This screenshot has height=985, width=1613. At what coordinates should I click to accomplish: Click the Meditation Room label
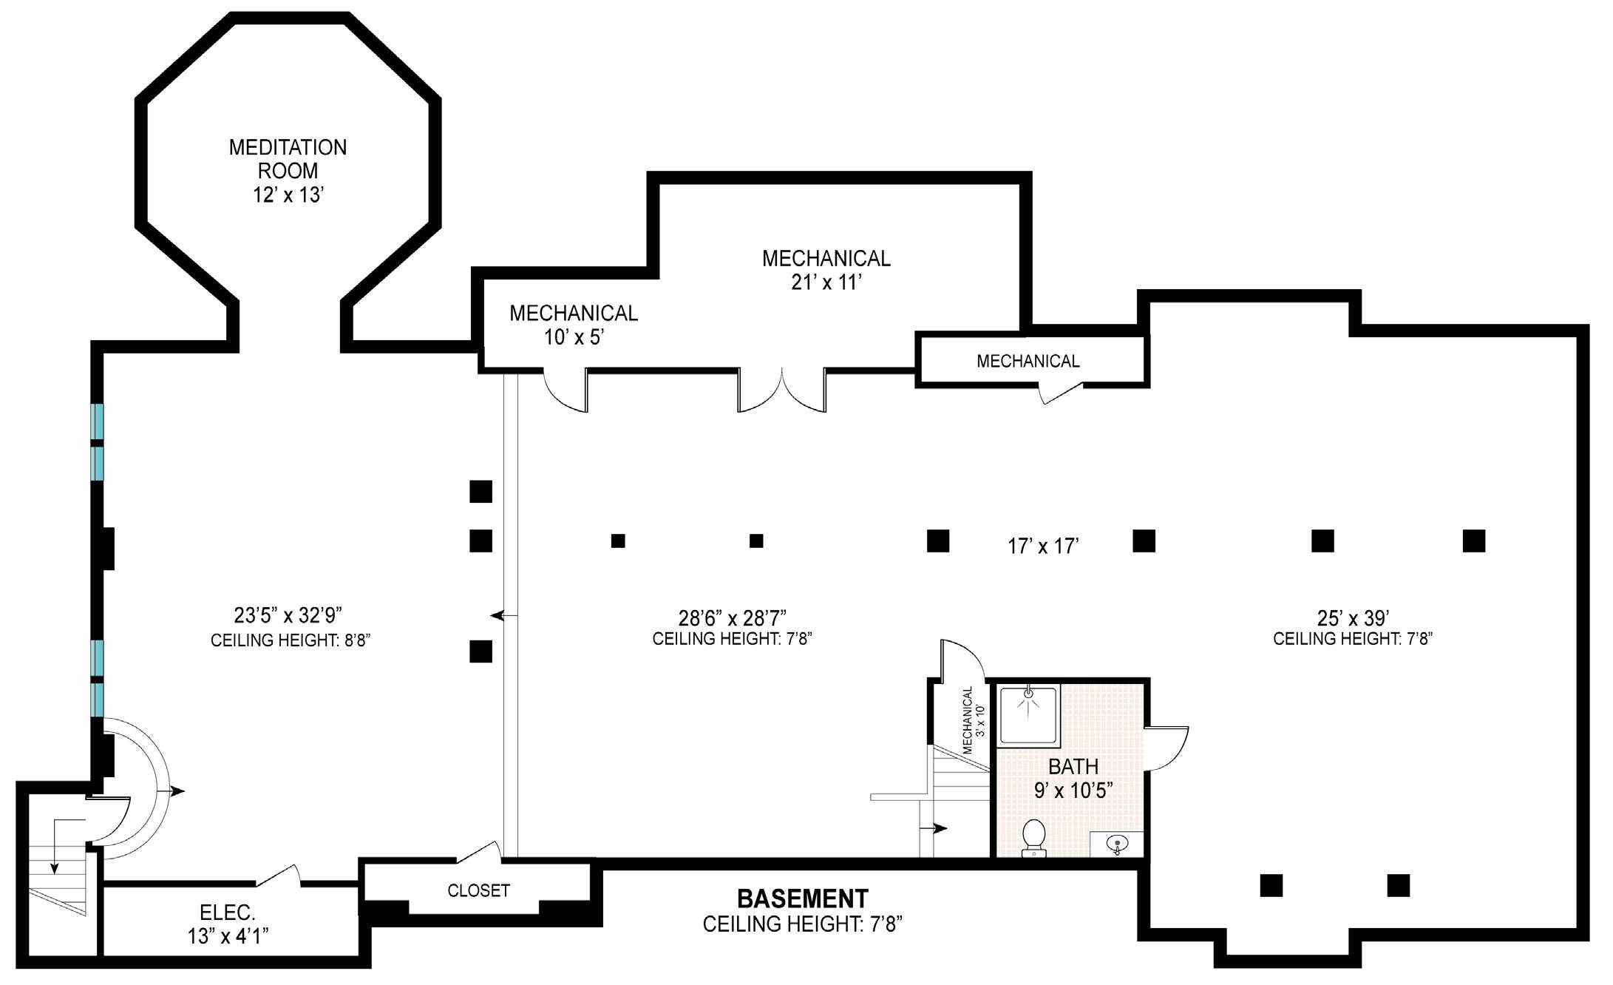[288, 171]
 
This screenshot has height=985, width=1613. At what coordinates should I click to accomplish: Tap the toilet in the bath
[1033, 838]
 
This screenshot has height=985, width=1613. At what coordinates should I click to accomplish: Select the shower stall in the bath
[1028, 715]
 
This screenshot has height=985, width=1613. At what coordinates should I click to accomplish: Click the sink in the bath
[1116, 843]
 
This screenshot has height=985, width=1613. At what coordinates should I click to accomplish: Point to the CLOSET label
[478, 890]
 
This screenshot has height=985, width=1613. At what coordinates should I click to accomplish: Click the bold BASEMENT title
[803, 898]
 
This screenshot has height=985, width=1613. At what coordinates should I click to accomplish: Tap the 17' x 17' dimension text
[1043, 546]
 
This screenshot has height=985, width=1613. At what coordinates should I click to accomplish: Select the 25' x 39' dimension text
[1354, 617]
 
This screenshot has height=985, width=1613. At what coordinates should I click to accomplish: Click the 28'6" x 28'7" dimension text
[732, 617]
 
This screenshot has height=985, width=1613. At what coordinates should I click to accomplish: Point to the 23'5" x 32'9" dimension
[288, 615]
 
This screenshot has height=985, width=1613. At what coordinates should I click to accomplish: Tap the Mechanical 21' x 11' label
[826, 270]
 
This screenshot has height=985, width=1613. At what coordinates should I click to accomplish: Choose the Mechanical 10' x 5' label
[574, 325]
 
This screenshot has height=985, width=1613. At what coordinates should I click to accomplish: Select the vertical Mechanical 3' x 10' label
[974, 720]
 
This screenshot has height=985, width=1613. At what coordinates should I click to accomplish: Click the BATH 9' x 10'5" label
[1073, 778]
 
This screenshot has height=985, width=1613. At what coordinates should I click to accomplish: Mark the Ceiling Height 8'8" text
[291, 640]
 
